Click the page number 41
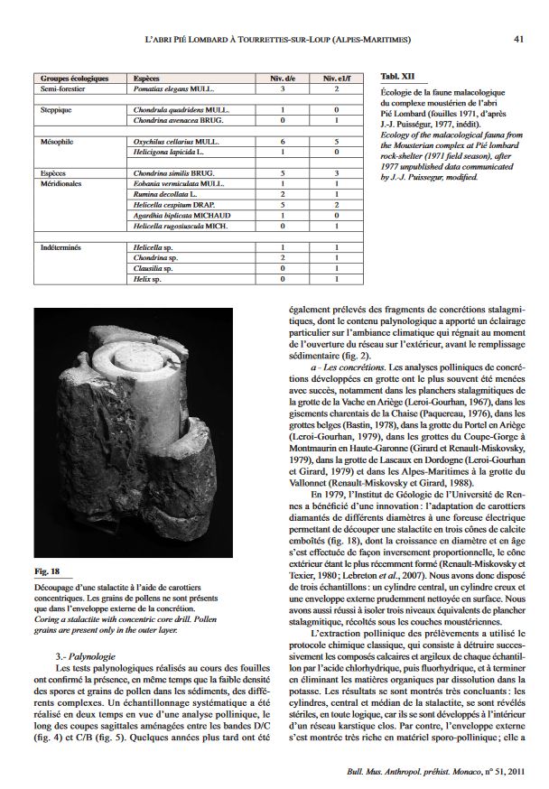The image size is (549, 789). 518,39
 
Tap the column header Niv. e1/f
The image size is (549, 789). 336,79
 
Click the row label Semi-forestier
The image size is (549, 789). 62,89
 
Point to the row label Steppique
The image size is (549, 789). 57,110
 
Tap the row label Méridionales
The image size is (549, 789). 63,183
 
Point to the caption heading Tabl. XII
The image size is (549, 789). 396,79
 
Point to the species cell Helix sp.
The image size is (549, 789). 146,279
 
